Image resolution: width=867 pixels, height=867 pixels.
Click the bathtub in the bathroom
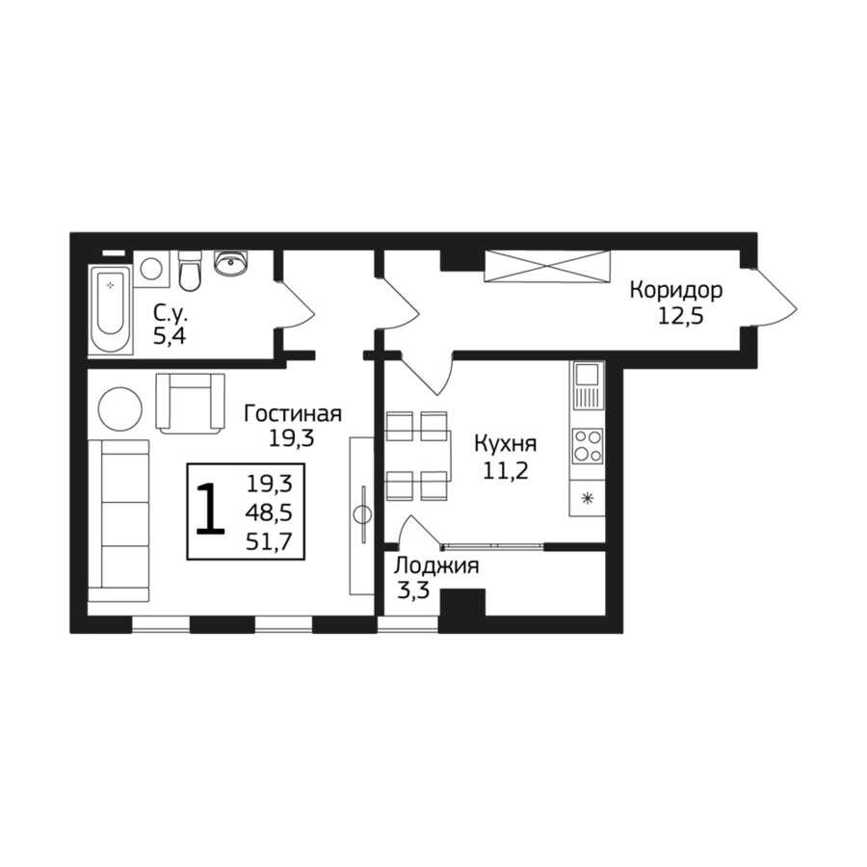[x=111, y=310]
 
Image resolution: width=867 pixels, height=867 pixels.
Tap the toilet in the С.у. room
[x=190, y=271]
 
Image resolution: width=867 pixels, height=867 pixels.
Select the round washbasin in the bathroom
[x=231, y=263]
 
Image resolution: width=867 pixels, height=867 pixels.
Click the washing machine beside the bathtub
[x=151, y=269]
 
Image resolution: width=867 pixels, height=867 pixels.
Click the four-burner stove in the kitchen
[x=588, y=446]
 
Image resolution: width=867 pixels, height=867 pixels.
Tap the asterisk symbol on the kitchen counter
[x=588, y=499]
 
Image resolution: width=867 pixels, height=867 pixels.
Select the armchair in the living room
[x=190, y=403]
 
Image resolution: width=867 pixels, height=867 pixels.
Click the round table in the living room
[x=120, y=409]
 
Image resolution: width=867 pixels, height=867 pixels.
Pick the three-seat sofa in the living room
[x=118, y=521]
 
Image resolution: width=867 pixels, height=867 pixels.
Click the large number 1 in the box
[x=210, y=509]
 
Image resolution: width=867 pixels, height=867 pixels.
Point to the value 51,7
[x=269, y=542]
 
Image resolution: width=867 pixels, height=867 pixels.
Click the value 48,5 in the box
[x=269, y=513]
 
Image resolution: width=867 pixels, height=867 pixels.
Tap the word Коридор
[x=675, y=290]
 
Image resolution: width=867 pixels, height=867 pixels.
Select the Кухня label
[x=506, y=443]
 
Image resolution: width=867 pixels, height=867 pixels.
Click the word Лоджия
[x=436, y=566]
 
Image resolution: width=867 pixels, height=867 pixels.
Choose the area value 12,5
[x=680, y=317]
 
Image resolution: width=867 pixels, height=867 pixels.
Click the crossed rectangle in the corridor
[x=547, y=266]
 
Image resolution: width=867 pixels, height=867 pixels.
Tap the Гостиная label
[x=293, y=413]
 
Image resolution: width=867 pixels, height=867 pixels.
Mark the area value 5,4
[x=170, y=337]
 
